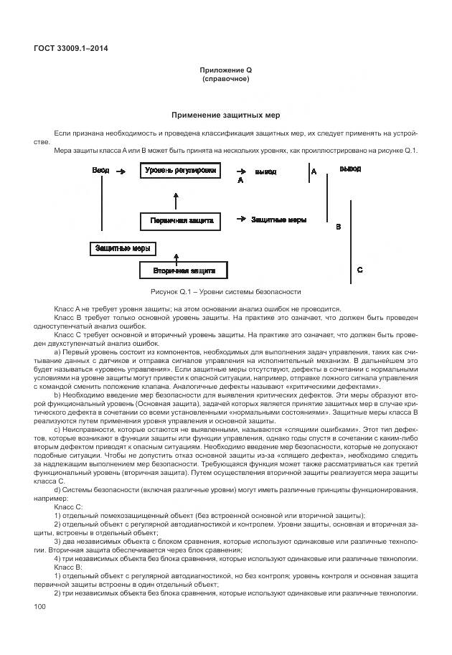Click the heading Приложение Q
click(x=225, y=70)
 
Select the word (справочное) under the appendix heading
click(x=225, y=79)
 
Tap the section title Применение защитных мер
click(x=225, y=116)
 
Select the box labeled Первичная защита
click(x=182, y=220)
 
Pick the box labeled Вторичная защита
click(x=182, y=270)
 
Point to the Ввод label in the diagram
click(x=100, y=171)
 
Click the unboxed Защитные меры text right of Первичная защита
click(x=279, y=219)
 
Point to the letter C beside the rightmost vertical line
click(x=359, y=270)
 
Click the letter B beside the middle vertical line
click(x=339, y=226)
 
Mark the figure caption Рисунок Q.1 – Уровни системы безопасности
click(x=225, y=292)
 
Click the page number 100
click(x=40, y=608)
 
